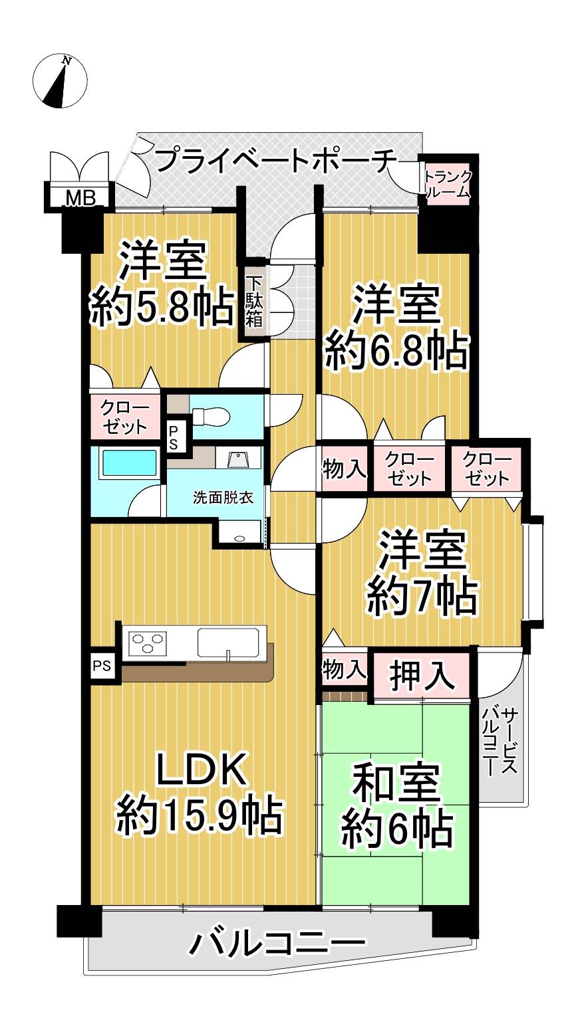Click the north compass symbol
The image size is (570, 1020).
[60, 82]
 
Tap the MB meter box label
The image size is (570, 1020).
[80, 198]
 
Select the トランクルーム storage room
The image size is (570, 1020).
[447, 184]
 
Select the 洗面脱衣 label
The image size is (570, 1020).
[223, 498]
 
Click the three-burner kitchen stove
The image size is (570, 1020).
[148, 645]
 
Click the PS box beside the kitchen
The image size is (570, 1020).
[102, 666]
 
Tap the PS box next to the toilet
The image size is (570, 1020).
[174, 438]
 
